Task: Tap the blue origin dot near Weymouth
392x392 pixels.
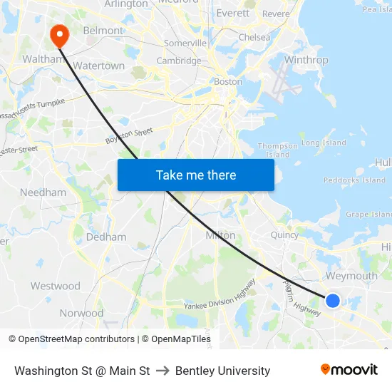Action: (333, 301)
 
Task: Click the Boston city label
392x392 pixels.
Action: (228, 81)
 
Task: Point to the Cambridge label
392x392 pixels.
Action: (179, 61)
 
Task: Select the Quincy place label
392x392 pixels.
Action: (284, 234)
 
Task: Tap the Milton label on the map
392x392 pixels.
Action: (220, 235)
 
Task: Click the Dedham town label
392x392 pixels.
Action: (106, 237)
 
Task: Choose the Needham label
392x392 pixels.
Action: (43, 192)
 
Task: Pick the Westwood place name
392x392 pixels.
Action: (55, 286)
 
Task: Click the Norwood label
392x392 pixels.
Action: (81, 313)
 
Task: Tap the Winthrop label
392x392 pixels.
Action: (306, 60)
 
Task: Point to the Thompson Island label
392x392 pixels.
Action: (273, 150)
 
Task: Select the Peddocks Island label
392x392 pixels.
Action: (354, 180)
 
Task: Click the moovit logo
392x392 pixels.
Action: (349, 370)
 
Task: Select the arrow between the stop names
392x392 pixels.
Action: (163, 371)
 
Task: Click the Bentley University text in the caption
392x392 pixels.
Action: (222, 371)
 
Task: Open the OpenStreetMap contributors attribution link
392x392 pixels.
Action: (76, 339)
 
